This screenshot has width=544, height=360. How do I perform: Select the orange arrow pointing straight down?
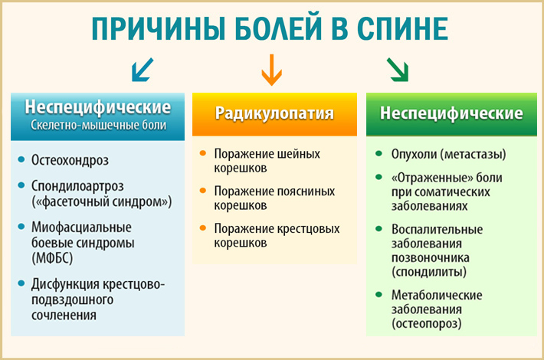click(x=269, y=70)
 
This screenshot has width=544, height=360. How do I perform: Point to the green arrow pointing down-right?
click(x=397, y=70)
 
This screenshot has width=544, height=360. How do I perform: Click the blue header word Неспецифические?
click(x=97, y=106)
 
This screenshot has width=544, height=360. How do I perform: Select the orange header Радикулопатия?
click(x=274, y=113)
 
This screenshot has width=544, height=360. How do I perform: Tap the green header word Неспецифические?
click(x=452, y=113)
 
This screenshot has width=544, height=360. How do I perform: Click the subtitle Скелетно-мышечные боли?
click(x=97, y=125)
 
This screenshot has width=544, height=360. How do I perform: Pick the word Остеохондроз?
click(x=70, y=161)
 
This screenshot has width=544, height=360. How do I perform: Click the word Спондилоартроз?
click(x=77, y=186)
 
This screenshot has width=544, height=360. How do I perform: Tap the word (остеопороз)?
click(x=426, y=323)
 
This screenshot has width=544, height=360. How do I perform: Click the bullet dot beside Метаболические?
click(x=379, y=294)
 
